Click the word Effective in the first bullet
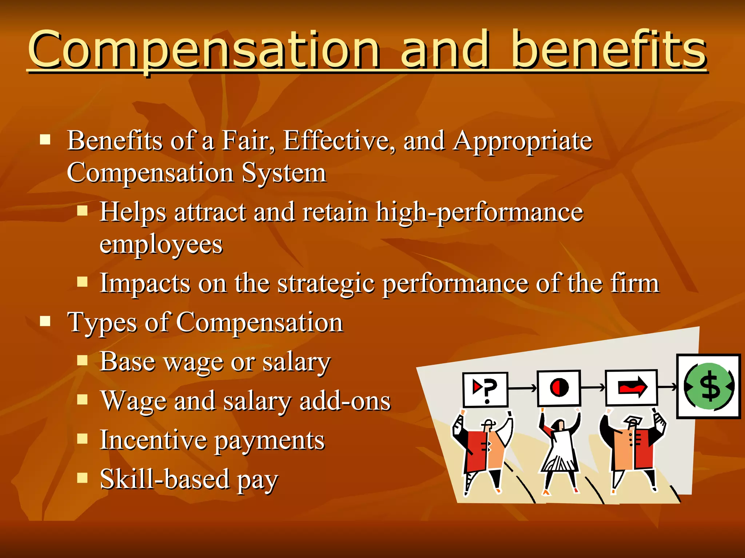(x=338, y=141)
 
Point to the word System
(x=284, y=173)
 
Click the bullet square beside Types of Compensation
(x=45, y=321)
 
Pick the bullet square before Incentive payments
(x=83, y=438)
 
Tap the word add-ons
(x=345, y=401)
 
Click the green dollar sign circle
(x=709, y=386)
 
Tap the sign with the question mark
(x=485, y=390)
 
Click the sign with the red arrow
(x=632, y=387)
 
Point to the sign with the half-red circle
(x=559, y=388)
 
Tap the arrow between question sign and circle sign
(x=522, y=388)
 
